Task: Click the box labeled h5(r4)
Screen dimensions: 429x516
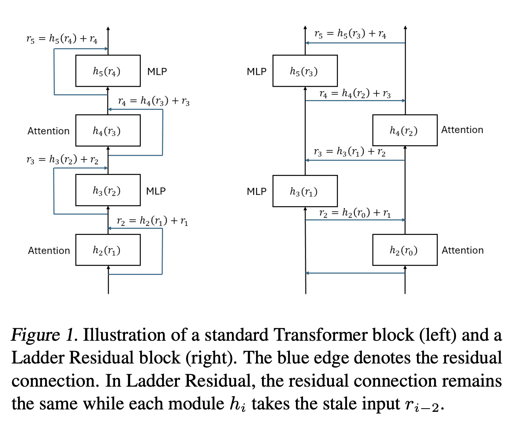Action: coord(108,71)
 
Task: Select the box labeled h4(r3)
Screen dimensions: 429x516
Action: coord(108,131)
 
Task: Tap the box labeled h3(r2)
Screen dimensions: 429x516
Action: coord(108,190)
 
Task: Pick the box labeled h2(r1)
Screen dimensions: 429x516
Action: coord(108,250)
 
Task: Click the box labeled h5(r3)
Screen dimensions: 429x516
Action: coord(305,71)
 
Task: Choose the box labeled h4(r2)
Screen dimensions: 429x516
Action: coord(405,130)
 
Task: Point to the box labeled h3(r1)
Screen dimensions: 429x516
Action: coord(305,191)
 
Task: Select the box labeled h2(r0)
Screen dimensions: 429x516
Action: coord(405,250)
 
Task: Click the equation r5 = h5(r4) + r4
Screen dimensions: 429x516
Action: coord(62,39)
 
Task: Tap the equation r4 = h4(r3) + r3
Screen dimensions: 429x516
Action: coord(154,101)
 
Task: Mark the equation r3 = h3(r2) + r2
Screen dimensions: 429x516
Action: coord(62,160)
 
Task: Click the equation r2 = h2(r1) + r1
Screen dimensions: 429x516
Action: coord(153,221)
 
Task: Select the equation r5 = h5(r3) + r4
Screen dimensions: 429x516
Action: coord(350,34)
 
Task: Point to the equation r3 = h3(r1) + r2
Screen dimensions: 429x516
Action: coord(349,152)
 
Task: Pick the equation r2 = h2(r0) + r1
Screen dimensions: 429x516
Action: coord(355,213)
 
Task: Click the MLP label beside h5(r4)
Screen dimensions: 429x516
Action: coord(157,71)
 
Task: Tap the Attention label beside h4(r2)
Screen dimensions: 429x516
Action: coord(462,130)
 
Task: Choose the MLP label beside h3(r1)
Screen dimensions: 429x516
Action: coord(256,192)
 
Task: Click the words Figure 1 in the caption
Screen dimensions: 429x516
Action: coord(44,335)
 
